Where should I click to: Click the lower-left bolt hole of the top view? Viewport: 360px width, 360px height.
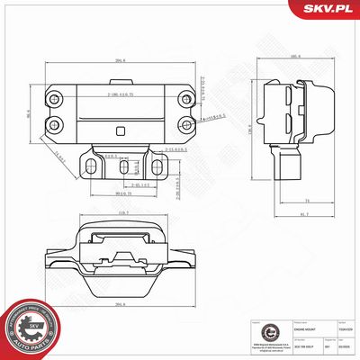point(55,124)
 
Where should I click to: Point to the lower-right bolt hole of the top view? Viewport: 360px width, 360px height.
point(185,124)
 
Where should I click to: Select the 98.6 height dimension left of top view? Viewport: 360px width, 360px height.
point(27,112)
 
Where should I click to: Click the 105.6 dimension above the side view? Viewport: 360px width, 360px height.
point(294,58)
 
